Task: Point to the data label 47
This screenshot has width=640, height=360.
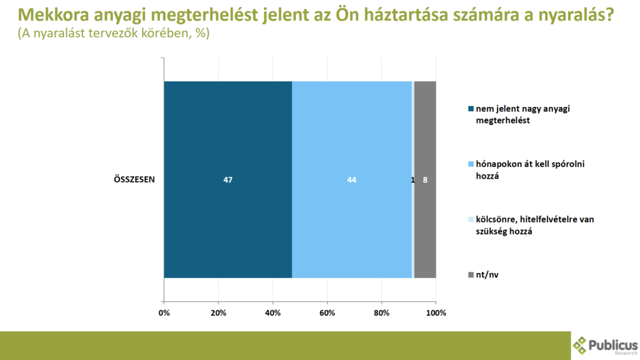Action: coord(228,180)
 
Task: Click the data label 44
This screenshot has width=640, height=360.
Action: coord(352,180)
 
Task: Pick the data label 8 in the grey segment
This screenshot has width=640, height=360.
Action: coord(425,180)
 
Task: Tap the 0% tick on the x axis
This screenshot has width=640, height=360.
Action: coord(164,312)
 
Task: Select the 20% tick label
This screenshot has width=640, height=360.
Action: coord(219,312)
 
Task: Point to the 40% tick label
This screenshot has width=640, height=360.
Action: coord(273,312)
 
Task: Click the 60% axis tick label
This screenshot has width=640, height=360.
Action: coord(327,312)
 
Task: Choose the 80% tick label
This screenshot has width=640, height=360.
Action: coord(382,312)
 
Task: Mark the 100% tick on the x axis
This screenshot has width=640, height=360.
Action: coord(436,312)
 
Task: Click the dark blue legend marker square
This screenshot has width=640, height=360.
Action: coord(471,109)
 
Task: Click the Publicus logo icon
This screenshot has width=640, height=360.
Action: coord(581,345)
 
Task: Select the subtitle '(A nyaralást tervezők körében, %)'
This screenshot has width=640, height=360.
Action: coord(113,34)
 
